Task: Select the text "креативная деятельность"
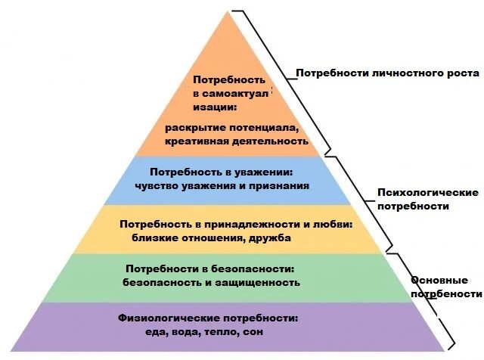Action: (237, 141)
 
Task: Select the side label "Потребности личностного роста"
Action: (387, 73)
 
